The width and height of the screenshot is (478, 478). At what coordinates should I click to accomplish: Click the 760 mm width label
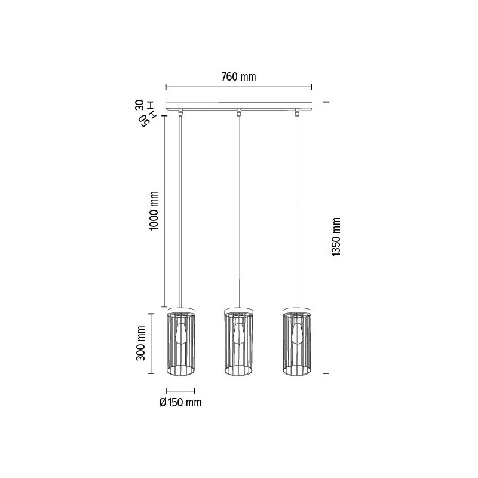point(238,77)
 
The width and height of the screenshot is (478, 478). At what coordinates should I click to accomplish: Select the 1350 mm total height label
point(336,237)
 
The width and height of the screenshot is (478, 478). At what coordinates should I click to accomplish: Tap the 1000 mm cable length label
point(154,211)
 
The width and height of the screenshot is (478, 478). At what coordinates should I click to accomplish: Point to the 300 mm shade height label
point(141,342)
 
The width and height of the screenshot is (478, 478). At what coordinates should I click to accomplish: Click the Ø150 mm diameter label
point(181,402)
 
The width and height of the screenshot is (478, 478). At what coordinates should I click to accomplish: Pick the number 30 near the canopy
point(139,106)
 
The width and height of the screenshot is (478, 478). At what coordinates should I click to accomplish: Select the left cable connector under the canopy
point(180,112)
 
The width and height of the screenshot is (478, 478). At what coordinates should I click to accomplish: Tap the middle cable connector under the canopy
point(239,112)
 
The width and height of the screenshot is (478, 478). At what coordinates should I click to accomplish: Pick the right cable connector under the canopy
point(297,112)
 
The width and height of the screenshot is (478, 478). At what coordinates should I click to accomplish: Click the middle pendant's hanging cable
point(239,209)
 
